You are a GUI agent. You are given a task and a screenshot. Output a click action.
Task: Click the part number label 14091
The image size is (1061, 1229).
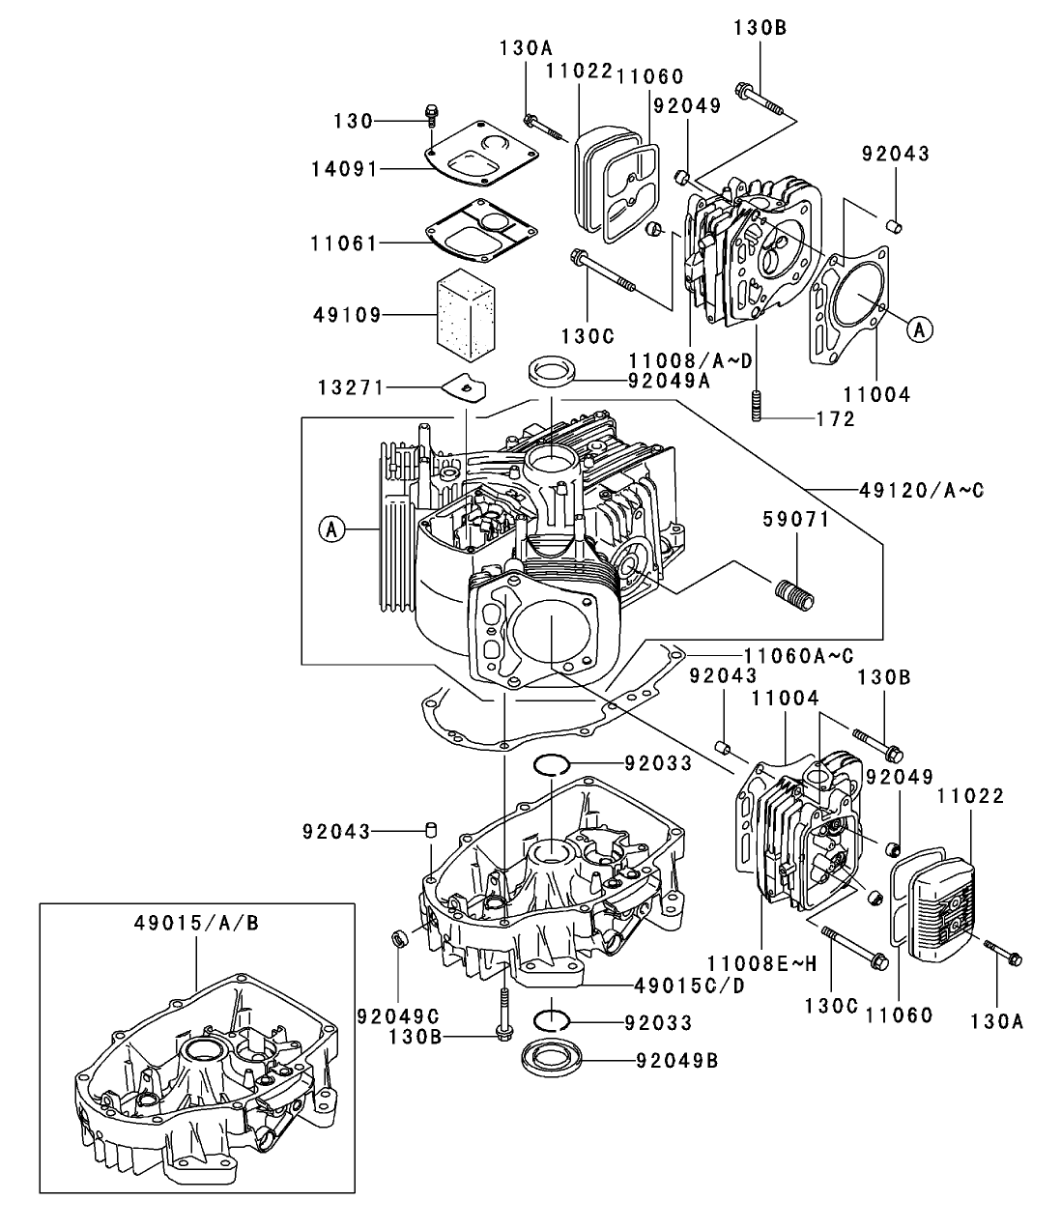point(345,168)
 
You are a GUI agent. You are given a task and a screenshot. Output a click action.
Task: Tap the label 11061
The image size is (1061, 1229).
point(345,243)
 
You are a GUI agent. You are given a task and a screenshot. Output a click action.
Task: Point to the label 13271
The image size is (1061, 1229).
point(345,387)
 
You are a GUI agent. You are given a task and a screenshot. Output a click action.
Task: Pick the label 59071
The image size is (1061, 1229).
point(796,520)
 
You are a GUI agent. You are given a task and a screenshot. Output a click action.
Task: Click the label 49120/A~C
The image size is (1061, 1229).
point(921,490)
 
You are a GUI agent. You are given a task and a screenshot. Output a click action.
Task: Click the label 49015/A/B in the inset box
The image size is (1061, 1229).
point(196,923)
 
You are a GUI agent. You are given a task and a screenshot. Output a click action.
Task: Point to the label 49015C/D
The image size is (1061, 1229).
point(690,986)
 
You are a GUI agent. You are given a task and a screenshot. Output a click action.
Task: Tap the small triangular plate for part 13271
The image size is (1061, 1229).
point(465,386)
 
